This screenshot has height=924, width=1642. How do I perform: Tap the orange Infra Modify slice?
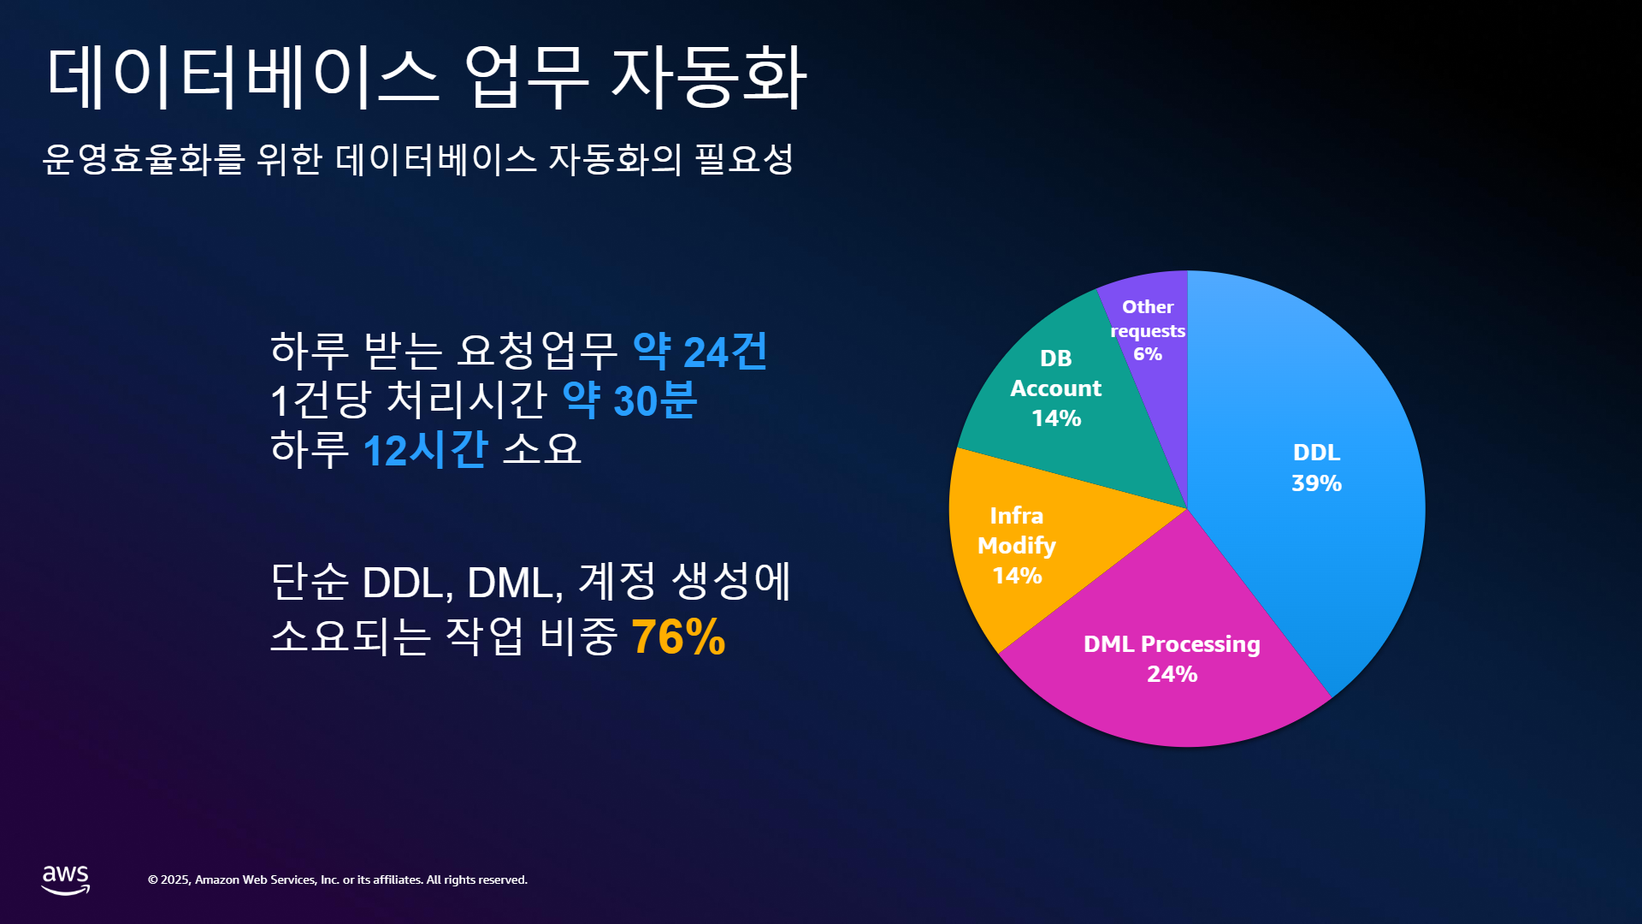click(1026, 548)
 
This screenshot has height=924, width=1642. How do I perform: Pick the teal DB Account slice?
click(1069, 402)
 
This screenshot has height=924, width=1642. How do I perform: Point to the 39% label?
click(1316, 483)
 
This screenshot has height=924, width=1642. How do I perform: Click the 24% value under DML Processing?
click(1172, 674)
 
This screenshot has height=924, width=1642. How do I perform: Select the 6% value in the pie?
click(1148, 354)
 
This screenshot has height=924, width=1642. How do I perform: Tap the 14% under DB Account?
click(1056, 418)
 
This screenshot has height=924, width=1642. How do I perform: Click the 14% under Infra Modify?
click(1017, 576)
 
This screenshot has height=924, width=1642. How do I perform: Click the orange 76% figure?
click(678, 637)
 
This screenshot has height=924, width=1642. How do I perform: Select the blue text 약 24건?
click(700, 352)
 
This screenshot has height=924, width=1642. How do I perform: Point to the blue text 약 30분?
click(629, 400)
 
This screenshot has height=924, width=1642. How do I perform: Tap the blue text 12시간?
click(425, 449)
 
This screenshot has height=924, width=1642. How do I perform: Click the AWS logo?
click(66, 880)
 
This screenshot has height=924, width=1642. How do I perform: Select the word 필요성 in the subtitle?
click(744, 159)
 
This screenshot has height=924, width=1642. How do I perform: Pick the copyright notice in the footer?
click(338, 880)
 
